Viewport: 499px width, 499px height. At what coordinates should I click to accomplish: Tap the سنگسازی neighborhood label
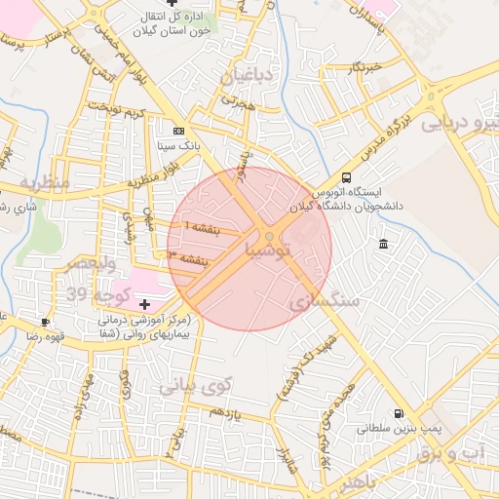tap(324, 302)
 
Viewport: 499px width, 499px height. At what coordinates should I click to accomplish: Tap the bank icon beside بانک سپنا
tap(178, 130)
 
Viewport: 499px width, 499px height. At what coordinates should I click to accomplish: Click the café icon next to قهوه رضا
tap(45, 321)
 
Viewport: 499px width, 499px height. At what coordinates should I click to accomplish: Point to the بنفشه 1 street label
tap(203, 226)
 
